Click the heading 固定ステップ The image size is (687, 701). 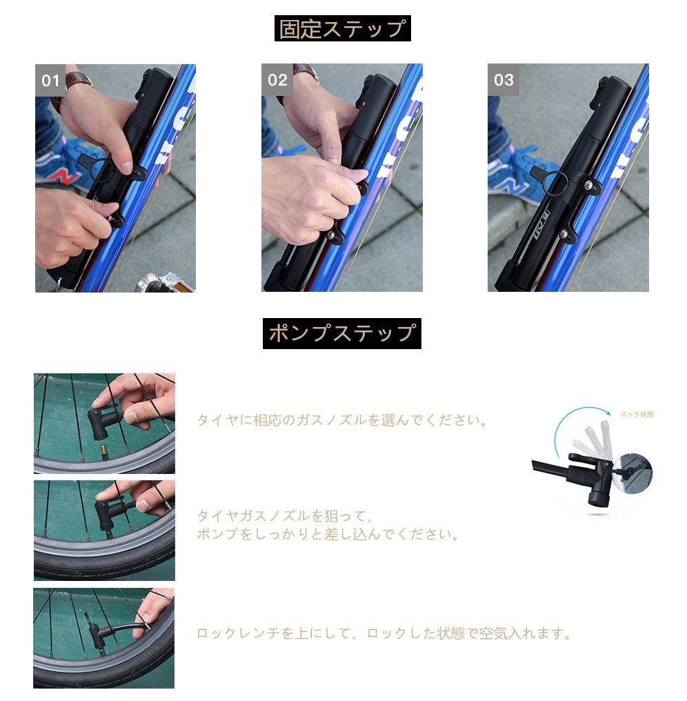pos(342,28)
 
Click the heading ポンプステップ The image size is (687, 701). pos(342,333)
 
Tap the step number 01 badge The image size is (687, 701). pos(50,81)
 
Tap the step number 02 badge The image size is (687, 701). pos(277,80)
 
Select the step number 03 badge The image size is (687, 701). pos(504,80)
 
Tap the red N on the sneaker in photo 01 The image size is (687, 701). pos(66,176)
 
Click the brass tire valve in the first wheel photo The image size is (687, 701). pos(103,451)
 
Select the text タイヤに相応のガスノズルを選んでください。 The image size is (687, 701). pos(342,420)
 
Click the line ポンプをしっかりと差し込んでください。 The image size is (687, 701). pos(328,534)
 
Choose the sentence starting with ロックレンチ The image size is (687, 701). pos(384,633)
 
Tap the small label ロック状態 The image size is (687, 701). pos(637,415)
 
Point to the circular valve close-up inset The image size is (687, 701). pos(633,473)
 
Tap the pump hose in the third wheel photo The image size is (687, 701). pos(130,628)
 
